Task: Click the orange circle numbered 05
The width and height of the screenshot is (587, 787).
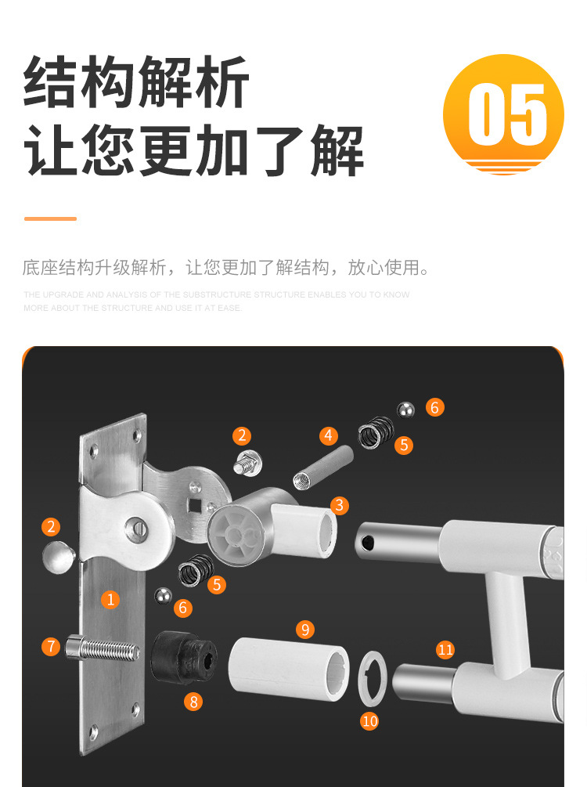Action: coord(503,114)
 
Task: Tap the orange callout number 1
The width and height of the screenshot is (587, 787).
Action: coord(111,600)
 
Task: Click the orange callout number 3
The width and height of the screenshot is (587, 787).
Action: coord(339,505)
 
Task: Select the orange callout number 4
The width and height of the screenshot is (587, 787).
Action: coord(329,435)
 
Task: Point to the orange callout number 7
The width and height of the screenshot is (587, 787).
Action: coord(52,646)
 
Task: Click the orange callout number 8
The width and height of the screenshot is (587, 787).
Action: coord(194,702)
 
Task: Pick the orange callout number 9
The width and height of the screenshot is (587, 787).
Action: coord(305,629)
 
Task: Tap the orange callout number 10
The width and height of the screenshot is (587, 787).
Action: coord(369,720)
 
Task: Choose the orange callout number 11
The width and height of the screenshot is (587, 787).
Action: coord(445,649)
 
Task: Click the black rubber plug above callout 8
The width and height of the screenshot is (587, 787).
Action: coord(182,656)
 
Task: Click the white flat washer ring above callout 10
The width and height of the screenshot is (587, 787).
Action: coord(370,676)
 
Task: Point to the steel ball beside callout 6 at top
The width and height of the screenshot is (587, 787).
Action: coord(405,410)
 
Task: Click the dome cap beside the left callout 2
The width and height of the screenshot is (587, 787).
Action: coord(58,558)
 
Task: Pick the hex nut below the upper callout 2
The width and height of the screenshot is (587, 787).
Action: coord(247,464)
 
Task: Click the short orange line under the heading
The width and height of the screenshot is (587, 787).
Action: coord(50,218)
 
